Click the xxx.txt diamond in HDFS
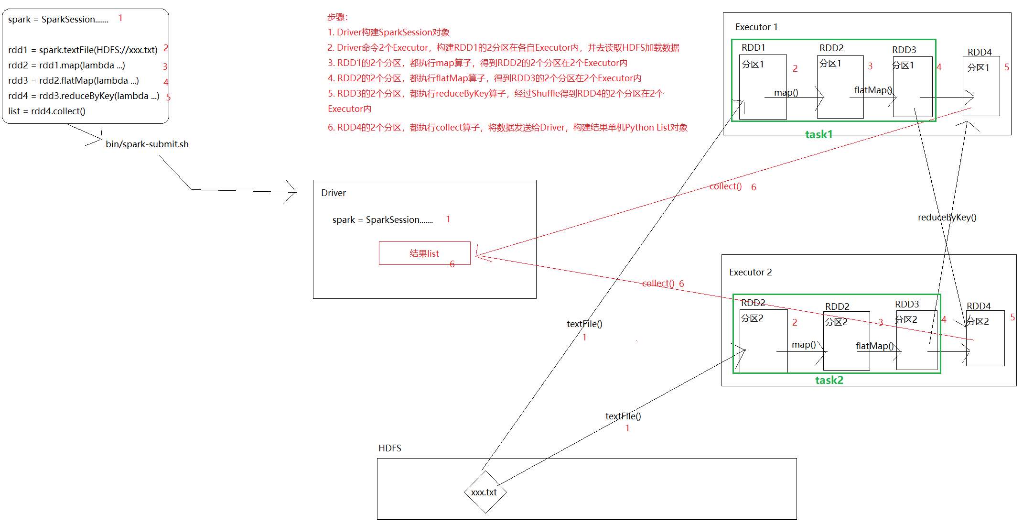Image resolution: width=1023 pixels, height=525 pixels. point(485,492)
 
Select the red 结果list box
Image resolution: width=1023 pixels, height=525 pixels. point(424,253)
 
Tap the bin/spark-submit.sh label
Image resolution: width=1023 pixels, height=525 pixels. point(147,144)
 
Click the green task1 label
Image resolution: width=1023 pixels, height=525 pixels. point(819,134)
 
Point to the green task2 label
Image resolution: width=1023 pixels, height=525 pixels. point(829,380)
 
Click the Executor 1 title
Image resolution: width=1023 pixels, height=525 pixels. point(756,27)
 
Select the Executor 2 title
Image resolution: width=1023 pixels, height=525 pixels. point(750,272)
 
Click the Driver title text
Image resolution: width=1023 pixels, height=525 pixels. point(334,193)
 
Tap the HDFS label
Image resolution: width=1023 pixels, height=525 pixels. point(390,448)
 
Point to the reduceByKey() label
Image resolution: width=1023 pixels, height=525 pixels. point(947,218)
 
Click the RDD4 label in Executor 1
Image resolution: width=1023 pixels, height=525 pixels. point(980,52)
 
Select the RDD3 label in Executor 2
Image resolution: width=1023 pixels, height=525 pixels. point(907,304)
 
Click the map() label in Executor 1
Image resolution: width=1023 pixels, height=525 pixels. point(786,92)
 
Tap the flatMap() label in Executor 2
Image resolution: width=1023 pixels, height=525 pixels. point(874,346)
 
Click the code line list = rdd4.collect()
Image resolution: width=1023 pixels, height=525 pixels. point(47,111)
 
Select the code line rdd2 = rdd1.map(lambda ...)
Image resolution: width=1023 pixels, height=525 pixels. point(67,66)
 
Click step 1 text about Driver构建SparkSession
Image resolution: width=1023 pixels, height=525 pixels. point(388,33)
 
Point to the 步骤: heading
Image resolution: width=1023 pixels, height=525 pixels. point(337,17)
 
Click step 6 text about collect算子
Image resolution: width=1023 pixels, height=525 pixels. point(507,128)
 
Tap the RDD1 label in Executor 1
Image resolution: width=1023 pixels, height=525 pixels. point(754,47)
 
